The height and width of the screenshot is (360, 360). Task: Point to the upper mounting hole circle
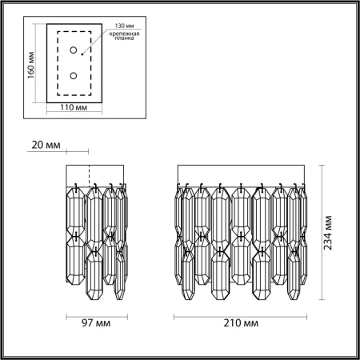point(74,52)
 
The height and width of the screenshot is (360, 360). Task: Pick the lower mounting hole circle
point(74,76)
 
